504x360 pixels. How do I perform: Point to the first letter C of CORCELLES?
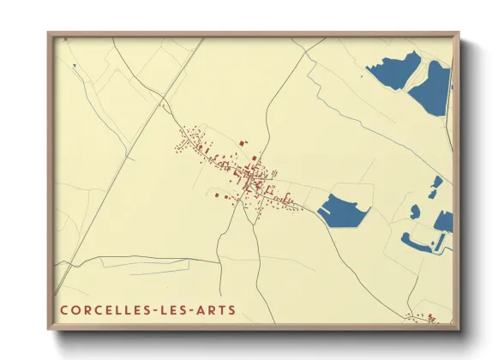[64, 309]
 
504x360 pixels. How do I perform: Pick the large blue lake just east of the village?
[343, 210]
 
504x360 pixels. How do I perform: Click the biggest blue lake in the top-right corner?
[430, 87]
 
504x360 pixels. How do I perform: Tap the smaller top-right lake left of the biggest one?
[391, 70]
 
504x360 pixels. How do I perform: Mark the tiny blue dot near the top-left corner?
[75, 65]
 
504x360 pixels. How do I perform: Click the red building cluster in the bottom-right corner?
[423, 319]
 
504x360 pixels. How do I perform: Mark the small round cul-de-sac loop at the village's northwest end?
[181, 130]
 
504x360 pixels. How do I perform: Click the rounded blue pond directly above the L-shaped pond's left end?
[415, 211]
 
